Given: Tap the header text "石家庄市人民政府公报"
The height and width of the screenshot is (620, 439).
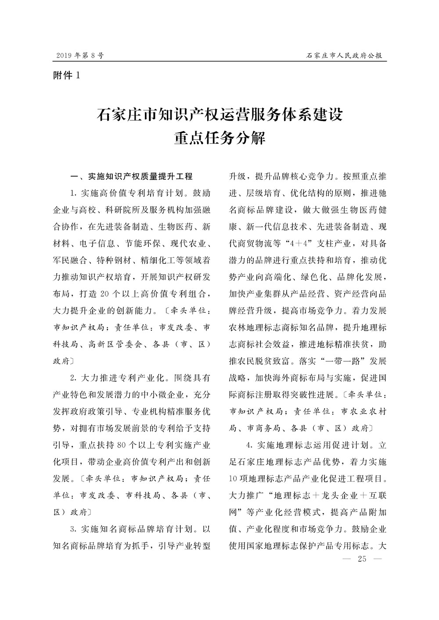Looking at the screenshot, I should pyautogui.click(x=344, y=56).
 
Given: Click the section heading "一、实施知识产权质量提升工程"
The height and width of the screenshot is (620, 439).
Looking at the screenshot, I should pyautogui.click(x=132, y=177).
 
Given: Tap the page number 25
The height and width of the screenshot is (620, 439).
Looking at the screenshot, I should pyautogui.click(x=362, y=559).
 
